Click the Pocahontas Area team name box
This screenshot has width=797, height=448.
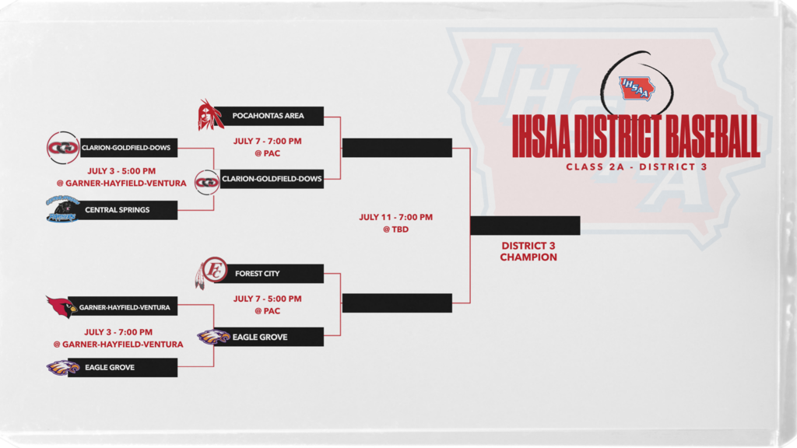point(269,116)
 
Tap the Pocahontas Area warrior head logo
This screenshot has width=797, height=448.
point(210,115)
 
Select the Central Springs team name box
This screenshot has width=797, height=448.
point(122,210)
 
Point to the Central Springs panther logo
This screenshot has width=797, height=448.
point(62,209)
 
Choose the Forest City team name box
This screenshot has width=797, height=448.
point(269,273)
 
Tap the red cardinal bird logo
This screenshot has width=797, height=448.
point(61,306)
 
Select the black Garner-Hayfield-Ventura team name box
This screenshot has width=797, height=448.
point(122,306)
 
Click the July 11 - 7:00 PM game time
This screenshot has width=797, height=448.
point(396,217)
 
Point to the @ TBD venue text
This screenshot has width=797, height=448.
point(396,229)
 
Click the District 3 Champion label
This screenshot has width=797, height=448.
point(528,251)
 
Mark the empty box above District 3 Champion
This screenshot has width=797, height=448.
point(525,226)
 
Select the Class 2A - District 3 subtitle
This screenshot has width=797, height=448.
point(637,166)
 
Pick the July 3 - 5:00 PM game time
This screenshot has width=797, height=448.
point(121,171)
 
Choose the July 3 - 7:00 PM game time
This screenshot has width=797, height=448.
point(118,332)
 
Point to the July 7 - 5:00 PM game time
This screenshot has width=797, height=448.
point(268,299)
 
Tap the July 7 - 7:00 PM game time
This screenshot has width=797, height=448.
point(268,142)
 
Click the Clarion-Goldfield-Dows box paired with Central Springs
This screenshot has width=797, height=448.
point(128,148)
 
